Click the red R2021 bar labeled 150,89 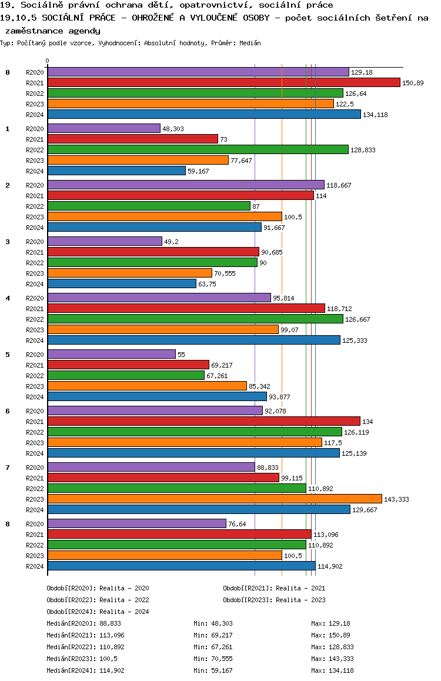coord(223,82)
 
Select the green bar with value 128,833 coord(198,149)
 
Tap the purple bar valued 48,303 coord(103,128)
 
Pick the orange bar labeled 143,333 coord(215,499)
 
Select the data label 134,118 coord(375,115)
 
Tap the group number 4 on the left coord(8,298)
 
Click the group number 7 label coord(8,468)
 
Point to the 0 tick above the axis coord(48,61)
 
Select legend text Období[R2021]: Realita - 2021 coord(274,588)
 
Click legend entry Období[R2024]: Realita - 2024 coord(98,612)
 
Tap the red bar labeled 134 coord(203,421)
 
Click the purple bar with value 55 coord(111,354)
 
